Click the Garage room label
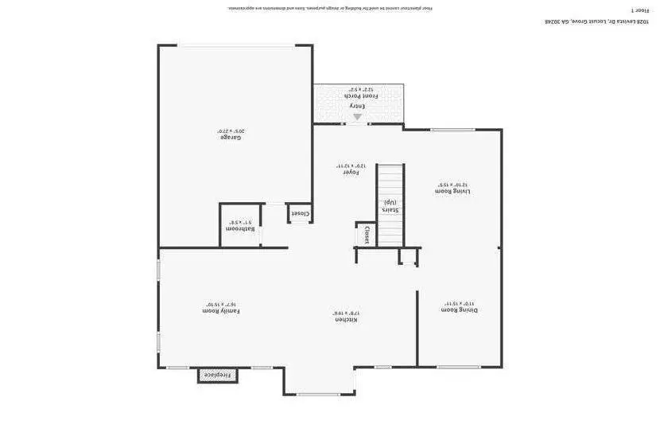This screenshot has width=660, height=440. click(231, 138)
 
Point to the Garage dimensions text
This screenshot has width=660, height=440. click(231, 130)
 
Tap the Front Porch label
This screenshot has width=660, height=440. click(360, 96)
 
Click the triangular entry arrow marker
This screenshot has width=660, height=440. click(357, 117)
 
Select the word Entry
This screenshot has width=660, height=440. click(357, 106)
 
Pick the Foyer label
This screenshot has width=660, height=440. click(351, 172)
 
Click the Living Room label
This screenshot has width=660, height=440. click(452, 191)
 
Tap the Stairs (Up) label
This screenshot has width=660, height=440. click(390, 206)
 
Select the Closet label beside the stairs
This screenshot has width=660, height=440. click(367, 235)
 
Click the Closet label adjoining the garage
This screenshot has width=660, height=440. click(300, 213)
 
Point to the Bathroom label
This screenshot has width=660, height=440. click(240, 229)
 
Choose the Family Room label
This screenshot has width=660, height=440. click(221, 311)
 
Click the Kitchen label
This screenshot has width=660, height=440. click(345, 320)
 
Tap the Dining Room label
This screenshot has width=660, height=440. click(460, 310)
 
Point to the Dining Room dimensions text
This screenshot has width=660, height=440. click(459, 303)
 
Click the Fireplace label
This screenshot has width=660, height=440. click(217, 375)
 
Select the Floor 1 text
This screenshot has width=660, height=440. click(640, 10)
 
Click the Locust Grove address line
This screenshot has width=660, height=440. click(596, 21)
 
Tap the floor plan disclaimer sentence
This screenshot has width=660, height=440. click(330, 8)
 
